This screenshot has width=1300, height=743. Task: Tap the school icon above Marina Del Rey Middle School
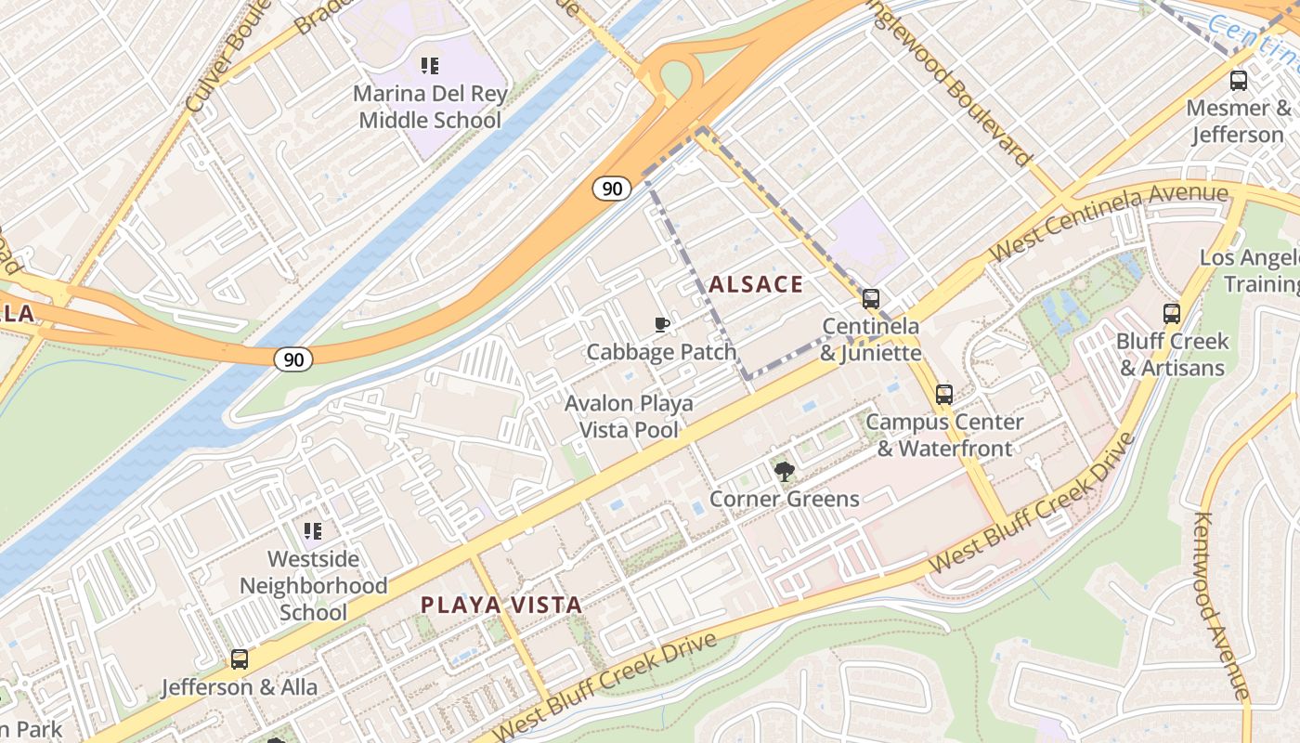pos(429,66)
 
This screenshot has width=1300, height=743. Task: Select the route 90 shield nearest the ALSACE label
pos(611,189)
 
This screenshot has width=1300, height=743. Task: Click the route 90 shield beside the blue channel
pos(292,358)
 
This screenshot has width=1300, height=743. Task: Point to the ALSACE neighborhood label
pos(756,285)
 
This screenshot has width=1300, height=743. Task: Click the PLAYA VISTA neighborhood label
pos(501,606)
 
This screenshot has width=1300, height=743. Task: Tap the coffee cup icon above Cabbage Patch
pos(661,324)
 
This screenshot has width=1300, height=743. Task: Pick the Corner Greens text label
pos(785,500)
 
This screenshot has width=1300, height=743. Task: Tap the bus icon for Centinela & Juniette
pos(871,299)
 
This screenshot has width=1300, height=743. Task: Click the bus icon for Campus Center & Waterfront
pos(944,395)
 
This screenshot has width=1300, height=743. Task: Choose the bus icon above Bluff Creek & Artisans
pos(1172,314)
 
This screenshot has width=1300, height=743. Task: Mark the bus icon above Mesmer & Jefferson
pos(1239,81)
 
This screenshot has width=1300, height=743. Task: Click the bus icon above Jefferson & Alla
pos(240,660)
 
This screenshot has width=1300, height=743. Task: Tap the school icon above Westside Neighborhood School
pos(313,531)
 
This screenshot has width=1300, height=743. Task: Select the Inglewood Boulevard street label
pos(954,84)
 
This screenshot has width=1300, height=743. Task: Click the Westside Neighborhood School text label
pos(314,586)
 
